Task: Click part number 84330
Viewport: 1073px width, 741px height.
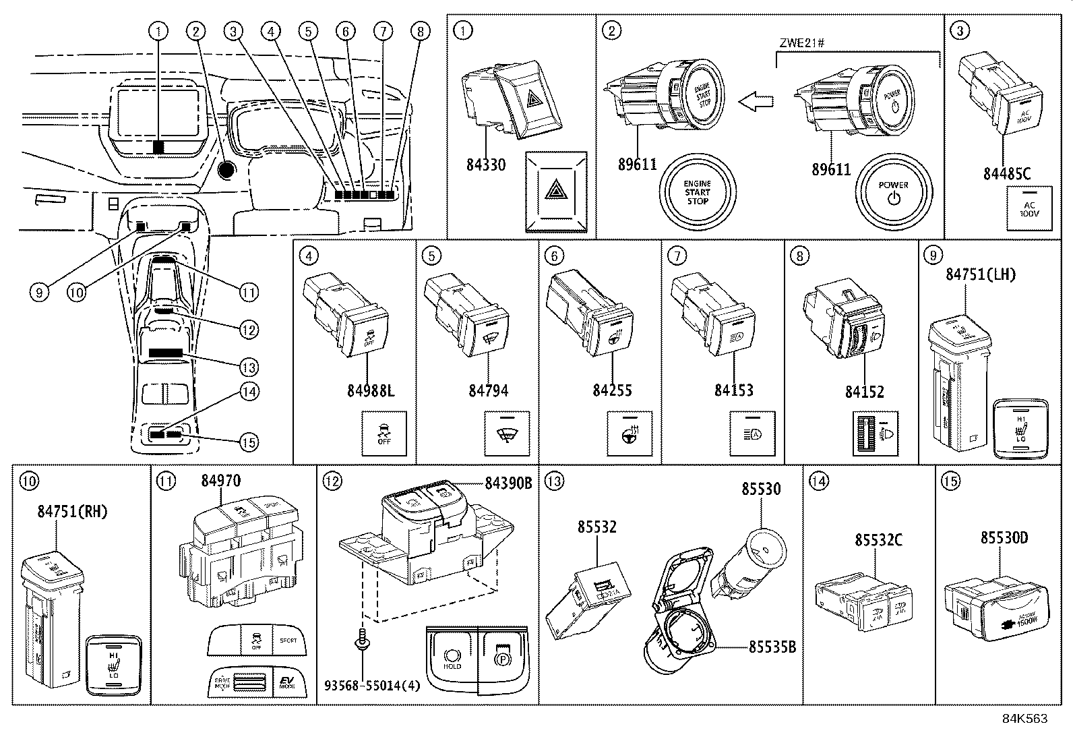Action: point(485,165)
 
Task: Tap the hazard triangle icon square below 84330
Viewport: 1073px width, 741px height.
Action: point(557,192)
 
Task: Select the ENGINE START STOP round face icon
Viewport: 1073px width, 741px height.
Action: point(698,192)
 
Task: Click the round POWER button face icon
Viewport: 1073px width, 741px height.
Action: point(894,192)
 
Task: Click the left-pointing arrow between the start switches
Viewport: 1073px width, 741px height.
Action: point(755,102)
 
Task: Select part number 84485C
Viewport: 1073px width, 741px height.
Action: point(1007,174)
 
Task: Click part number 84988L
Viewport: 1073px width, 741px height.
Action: point(371,390)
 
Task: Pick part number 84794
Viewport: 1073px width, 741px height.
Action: point(489,390)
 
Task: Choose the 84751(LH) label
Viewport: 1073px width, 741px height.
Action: point(981,274)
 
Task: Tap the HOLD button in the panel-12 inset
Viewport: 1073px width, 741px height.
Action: point(452,657)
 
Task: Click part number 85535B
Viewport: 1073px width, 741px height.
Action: point(772,647)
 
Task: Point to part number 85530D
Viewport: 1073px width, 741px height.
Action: point(1004,537)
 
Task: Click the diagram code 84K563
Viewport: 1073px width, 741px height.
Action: point(1024,719)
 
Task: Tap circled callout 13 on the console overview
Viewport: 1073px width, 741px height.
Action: point(249,367)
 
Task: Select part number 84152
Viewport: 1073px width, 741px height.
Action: point(864,392)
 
